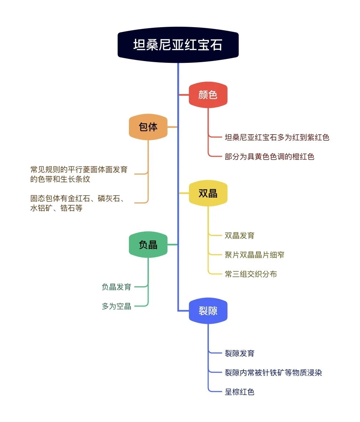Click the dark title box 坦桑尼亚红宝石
click(x=178, y=45)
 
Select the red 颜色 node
click(x=208, y=95)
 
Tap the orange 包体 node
click(x=148, y=127)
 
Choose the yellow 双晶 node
click(x=208, y=193)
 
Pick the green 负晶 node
click(x=148, y=245)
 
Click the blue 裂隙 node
click(x=208, y=311)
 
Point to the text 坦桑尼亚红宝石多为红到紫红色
click(x=277, y=137)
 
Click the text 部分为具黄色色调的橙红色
click(x=270, y=157)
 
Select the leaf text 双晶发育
click(x=240, y=236)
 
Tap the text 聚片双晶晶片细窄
click(x=254, y=255)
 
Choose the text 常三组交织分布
click(x=251, y=274)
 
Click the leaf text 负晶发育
click(x=116, y=287)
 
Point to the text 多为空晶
click(x=116, y=306)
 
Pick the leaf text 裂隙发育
click(x=240, y=353)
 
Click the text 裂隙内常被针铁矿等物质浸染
click(x=273, y=372)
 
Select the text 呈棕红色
click(x=240, y=392)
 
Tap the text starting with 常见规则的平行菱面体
click(x=79, y=174)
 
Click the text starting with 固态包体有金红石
click(x=77, y=203)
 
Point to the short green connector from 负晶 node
click(x=172, y=245)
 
